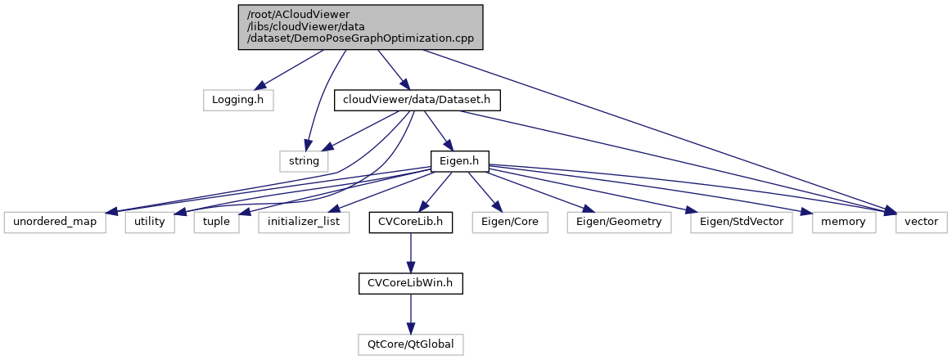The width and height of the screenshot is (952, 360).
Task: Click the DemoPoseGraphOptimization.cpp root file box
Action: pyautogui.click(x=359, y=26)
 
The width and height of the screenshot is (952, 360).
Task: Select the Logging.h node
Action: pyautogui.click(x=238, y=100)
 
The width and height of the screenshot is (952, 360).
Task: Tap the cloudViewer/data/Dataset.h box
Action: pyautogui.click(x=417, y=100)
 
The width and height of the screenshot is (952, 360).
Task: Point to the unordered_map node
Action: pyautogui.click(x=55, y=222)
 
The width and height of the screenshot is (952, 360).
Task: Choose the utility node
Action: pyautogui.click(x=151, y=222)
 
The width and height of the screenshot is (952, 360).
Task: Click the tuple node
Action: pyautogui.click(x=216, y=222)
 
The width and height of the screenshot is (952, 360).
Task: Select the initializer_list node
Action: pyautogui.click(x=305, y=222)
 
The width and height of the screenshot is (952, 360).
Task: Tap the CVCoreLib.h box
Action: pyautogui.click(x=410, y=222)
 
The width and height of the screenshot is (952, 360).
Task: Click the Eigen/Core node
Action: pyautogui.click(x=510, y=222)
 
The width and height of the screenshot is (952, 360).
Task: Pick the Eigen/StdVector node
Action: pyautogui.click(x=742, y=222)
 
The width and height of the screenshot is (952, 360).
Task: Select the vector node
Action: pyautogui.click(x=922, y=222)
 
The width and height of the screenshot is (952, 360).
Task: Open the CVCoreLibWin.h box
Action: pyautogui.click(x=410, y=283)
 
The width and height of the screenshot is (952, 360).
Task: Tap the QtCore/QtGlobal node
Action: pyautogui.click(x=410, y=344)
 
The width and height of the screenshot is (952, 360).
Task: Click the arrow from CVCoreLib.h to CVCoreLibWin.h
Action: pyautogui.click(x=410, y=253)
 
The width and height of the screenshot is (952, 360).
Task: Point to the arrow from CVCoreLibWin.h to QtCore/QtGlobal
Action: pyautogui.click(x=410, y=314)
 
